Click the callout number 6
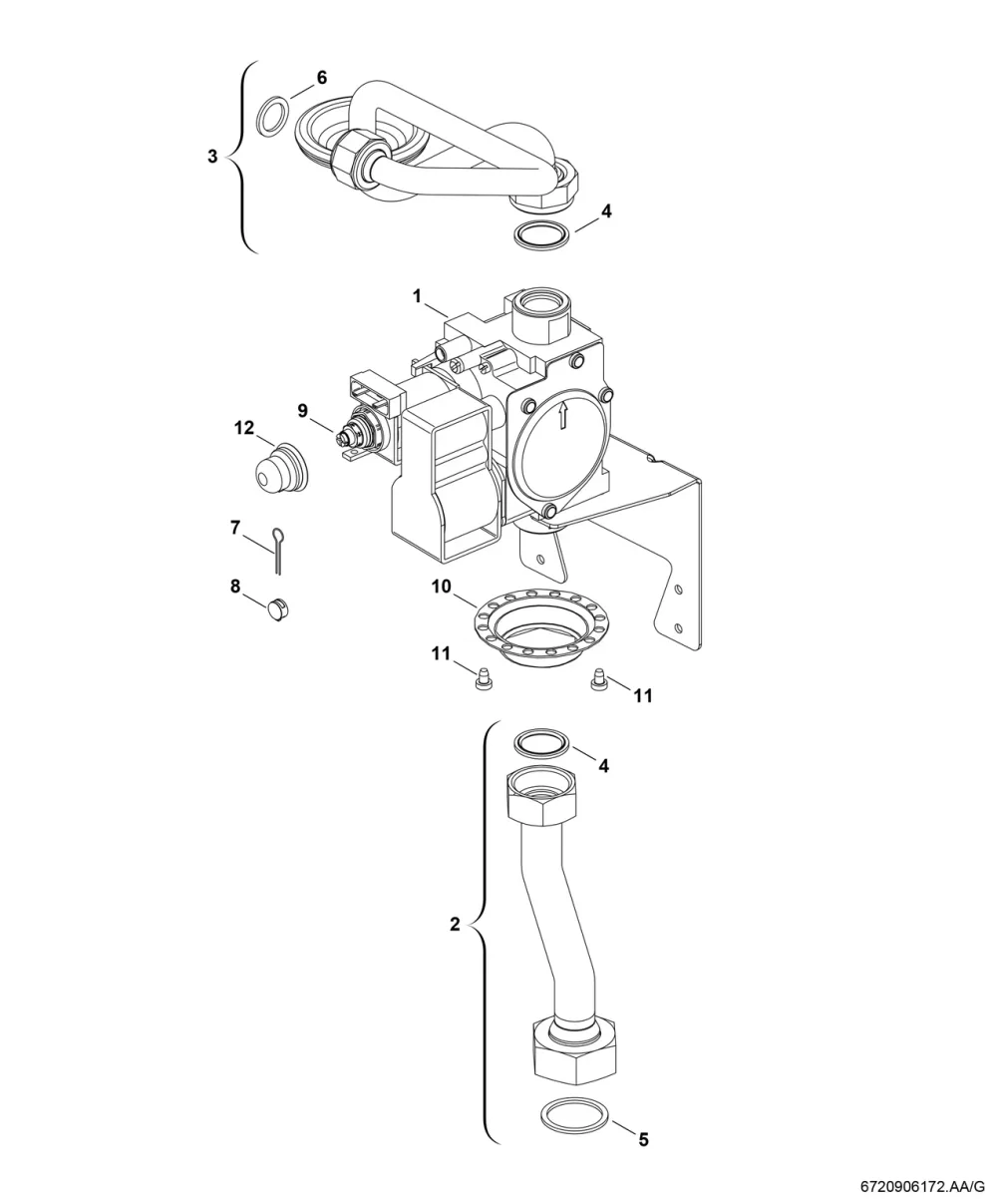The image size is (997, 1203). click(x=321, y=77)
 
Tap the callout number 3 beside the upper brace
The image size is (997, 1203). click(x=212, y=157)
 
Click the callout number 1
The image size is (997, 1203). click(x=417, y=296)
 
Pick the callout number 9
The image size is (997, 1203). click(x=302, y=411)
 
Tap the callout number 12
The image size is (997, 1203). click(x=244, y=428)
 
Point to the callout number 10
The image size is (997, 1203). click(x=442, y=587)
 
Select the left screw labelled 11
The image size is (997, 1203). click(x=480, y=679)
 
